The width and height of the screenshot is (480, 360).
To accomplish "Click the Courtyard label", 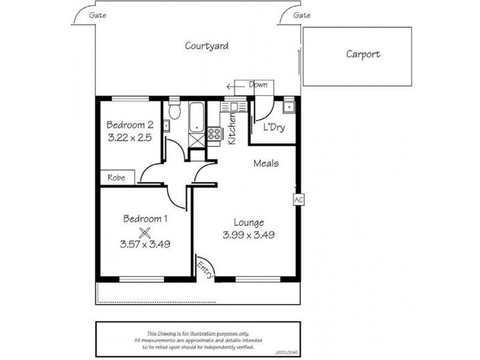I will pos(206,46).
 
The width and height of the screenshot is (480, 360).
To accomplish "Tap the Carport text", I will pos(363,54).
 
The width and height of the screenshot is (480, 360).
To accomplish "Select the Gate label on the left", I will pos(97,16).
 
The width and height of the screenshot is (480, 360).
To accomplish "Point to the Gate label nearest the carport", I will pos(302,16).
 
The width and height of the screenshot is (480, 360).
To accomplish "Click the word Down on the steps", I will pos(258,85).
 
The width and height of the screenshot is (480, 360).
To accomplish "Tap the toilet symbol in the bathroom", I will pos(175,112).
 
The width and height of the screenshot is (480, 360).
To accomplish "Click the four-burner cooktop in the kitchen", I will pos(214,135).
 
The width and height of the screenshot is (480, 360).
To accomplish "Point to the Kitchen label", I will pos(232,129).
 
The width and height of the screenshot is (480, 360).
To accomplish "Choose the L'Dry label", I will pos(274,127).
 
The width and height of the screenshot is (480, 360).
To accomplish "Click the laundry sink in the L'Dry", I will pos(289,108).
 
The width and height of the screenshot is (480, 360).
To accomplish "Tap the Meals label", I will pos(266,163).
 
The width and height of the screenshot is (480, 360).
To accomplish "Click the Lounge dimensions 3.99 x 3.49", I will pos(249,235).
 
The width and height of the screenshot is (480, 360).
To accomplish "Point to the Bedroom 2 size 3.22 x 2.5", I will pos(129,137).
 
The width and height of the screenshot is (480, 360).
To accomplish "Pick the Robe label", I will pos(116,178).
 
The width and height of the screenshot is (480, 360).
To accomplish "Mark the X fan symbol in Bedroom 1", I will pos(144,232).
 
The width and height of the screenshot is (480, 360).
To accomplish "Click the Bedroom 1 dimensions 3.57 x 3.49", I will pos(145,244).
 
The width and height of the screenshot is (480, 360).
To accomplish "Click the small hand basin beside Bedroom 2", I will pos(166,126).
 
